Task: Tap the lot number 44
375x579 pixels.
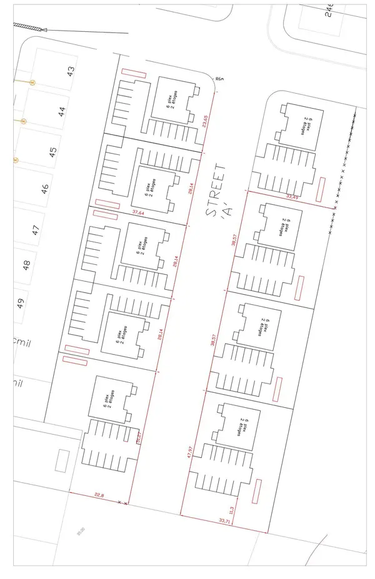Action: click(61, 112)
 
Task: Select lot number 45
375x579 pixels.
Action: click(53, 151)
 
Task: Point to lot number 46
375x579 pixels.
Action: click(44, 190)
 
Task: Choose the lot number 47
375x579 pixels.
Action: click(36, 228)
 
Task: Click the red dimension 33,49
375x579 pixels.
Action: click(292, 197)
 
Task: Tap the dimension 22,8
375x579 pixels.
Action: click(98, 496)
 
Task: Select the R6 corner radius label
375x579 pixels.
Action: click(219, 79)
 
